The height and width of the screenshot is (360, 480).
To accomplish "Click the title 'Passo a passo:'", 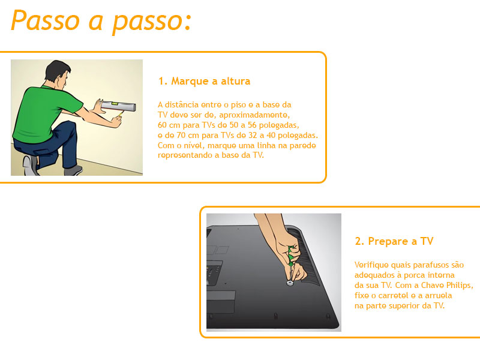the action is click(101, 21).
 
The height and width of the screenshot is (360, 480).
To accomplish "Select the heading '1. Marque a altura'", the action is click(204, 81).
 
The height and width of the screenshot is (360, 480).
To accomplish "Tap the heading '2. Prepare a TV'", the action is click(394, 241).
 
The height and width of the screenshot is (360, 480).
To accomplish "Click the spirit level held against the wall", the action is click(118, 106).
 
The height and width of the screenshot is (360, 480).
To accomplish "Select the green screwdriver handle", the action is click(290, 256).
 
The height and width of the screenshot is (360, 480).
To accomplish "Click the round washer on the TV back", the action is click(290, 283).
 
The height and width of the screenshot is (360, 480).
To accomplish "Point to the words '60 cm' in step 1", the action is click(169, 125).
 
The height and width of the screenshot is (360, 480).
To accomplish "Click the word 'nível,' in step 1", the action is click(194, 145).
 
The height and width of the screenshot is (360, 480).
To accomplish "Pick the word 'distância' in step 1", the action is click(182, 104).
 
